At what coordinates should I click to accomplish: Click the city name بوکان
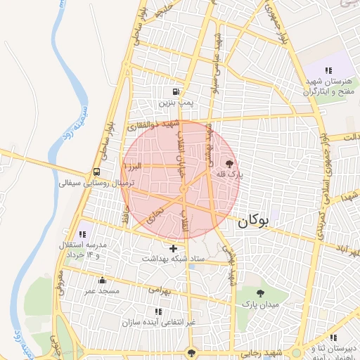[253, 221]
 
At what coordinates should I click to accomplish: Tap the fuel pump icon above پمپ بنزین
[175, 91]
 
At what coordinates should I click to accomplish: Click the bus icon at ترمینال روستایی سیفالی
[96, 172]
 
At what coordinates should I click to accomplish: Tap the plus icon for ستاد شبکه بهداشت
[174, 248]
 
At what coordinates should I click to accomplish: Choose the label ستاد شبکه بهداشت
[174, 259]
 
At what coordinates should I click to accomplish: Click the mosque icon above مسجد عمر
[102, 281]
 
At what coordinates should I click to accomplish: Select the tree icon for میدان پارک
[261, 293]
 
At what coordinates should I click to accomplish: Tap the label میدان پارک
[261, 305]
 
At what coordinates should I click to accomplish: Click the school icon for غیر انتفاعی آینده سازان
[157, 311]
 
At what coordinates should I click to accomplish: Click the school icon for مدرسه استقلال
[81, 234]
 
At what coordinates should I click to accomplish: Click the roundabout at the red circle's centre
[183, 189]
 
